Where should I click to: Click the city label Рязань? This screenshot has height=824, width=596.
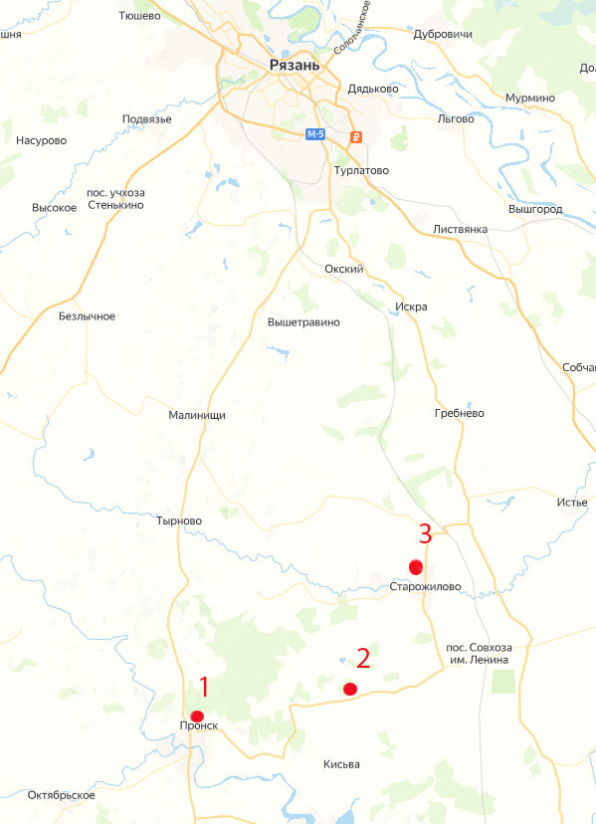coord(295,66)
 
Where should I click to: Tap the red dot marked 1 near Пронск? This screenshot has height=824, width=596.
coord(197,717)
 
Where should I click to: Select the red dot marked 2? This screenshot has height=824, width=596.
coord(349,689)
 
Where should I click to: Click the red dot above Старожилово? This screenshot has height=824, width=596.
coord(416,567)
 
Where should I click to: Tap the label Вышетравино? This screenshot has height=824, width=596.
coord(303,322)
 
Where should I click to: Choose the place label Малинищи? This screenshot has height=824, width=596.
coord(197,416)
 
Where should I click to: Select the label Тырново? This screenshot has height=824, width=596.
coord(179,520)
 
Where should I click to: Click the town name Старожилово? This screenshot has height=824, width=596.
coord(425,587)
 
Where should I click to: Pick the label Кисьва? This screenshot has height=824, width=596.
coord(341,764)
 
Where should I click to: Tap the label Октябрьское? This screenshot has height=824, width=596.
coord(62,795)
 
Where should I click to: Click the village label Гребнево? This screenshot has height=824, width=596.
coord(459,413)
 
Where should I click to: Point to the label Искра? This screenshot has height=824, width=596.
coord(411,307)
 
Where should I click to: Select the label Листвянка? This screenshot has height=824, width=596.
coord(460,230)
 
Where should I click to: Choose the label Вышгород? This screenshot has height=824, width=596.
coord(535,210)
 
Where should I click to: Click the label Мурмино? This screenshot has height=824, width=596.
coord(529,98)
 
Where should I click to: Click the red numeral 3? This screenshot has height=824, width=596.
coord(425,533)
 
